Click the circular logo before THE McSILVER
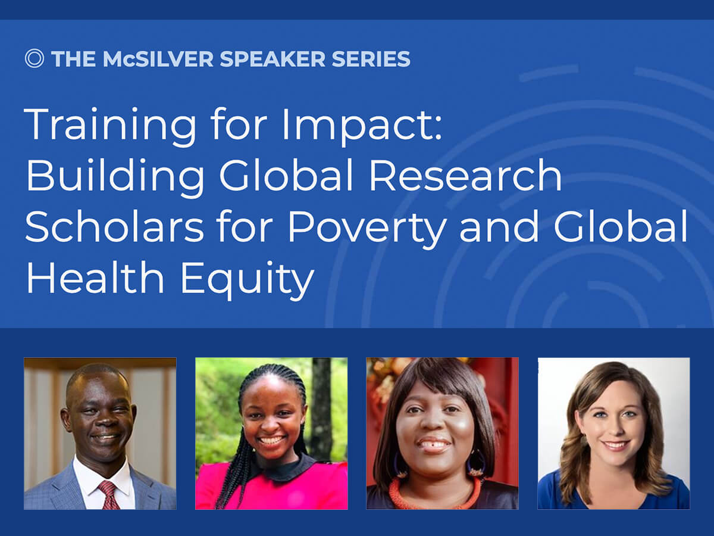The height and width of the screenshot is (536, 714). coord(34,58)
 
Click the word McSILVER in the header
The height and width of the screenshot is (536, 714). coord(158,59)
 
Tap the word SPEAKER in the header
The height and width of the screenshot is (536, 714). coord(273,59)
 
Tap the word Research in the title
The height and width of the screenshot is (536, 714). coord(465,176)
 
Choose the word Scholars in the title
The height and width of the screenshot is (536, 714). coord(114,226)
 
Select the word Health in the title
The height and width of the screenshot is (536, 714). coord(95,277)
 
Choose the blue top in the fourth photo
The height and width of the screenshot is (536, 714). coord(613,493)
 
